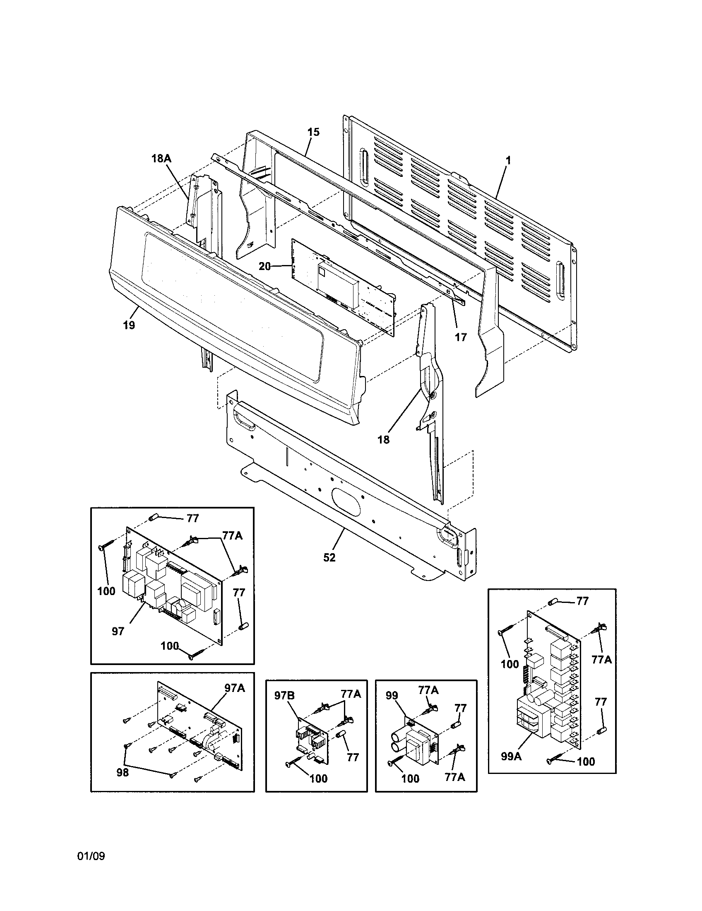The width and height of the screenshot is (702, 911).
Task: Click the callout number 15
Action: [x=313, y=132]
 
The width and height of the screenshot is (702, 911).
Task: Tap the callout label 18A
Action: [x=161, y=159]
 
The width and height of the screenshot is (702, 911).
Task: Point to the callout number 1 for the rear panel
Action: [x=508, y=160]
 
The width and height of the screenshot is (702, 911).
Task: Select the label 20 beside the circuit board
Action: [x=265, y=266]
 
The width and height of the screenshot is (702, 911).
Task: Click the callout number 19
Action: [x=129, y=325]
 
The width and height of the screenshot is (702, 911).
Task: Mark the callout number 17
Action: [x=461, y=337]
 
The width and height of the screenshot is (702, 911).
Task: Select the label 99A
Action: [x=512, y=756]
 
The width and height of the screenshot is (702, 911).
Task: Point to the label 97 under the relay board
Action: [x=118, y=631]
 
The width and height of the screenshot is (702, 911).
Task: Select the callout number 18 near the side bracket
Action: [x=384, y=439]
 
